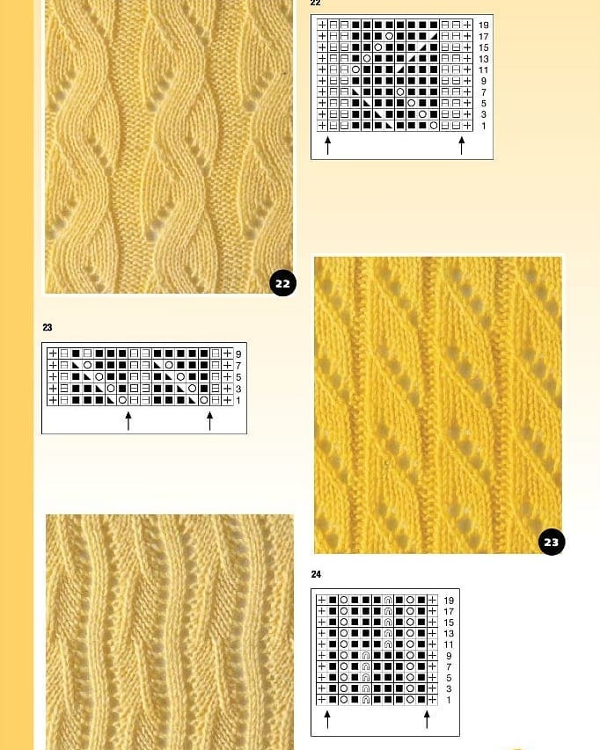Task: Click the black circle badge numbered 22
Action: click(x=282, y=283)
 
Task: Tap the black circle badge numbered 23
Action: click(x=552, y=542)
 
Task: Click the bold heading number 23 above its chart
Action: click(x=47, y=328)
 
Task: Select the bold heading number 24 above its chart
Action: click(x=316, y=574)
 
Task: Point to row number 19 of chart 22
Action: click(x=483, y=25)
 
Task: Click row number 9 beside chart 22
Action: click(x=483, y=81)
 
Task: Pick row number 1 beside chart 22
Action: click(x=483, y=127)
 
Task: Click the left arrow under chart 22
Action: click(x=328, y=145)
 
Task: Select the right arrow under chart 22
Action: click(x=461, y=145)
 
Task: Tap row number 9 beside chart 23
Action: click(x=238, y=354)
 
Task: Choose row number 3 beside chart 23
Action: click(x=238, y=389)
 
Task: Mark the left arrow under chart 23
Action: click(x=128, y=421)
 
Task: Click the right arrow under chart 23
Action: click(x=209, y=421)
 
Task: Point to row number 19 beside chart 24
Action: click(x=449, y=601)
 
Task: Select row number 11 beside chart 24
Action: click(x=449, y=644)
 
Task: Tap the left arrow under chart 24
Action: click(x=327, y=719)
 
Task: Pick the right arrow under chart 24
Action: click(x=427, y=719)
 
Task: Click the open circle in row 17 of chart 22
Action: click(x=389, y=36)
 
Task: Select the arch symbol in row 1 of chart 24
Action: click(x=366, y=699)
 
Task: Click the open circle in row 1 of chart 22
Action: click(x=434, y=126)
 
